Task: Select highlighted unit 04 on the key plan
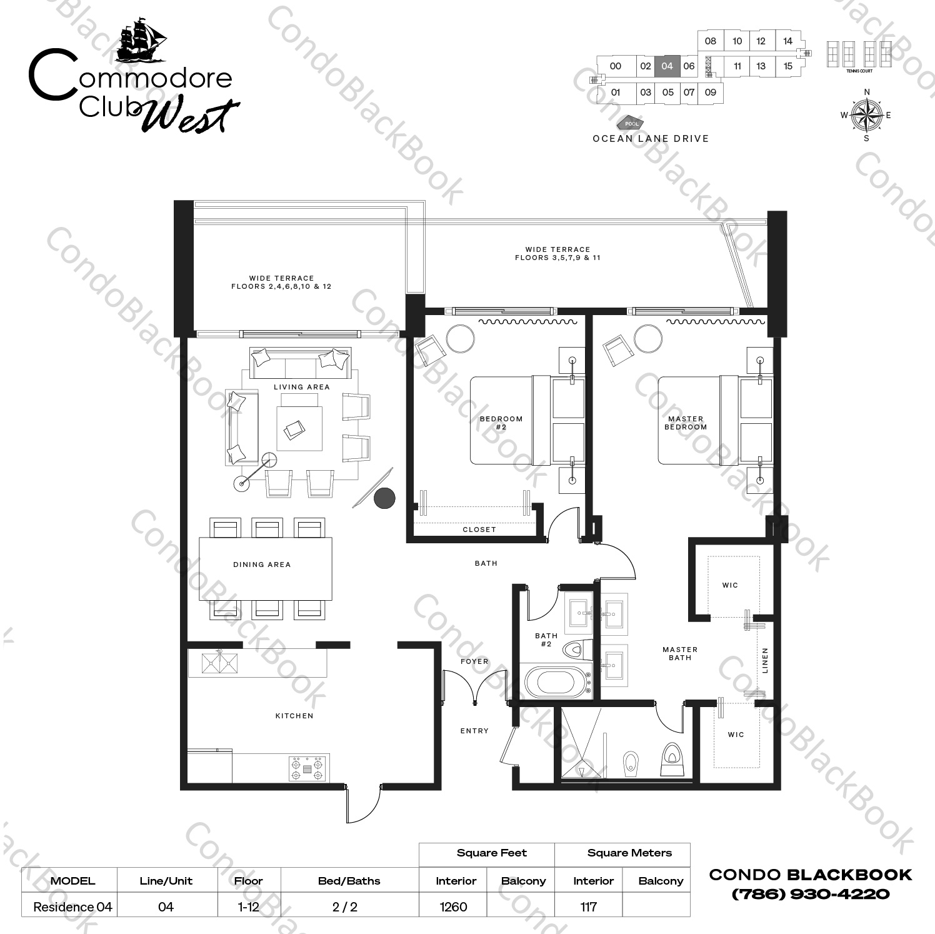[x=667, y=66]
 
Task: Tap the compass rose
[x=866, y=115]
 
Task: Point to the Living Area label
[x=301, y=387]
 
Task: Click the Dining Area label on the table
[x=262, y=565]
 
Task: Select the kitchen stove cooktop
[x=307, y=768]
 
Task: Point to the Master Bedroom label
[x=686, y=423]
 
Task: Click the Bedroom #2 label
[x=501, y=423]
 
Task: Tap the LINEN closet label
[x=765, y=660]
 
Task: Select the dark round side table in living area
[x=384, y=498]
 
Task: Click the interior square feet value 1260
[x=453, y=906]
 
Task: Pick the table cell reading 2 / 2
[x=349, y=906]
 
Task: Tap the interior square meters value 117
[x=588, y=906]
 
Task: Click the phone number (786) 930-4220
[x=810, y=894]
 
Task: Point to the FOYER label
[x=474, y=661]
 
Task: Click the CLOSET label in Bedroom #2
[x=479, y=530]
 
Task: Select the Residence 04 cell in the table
[x=72, y=906]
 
